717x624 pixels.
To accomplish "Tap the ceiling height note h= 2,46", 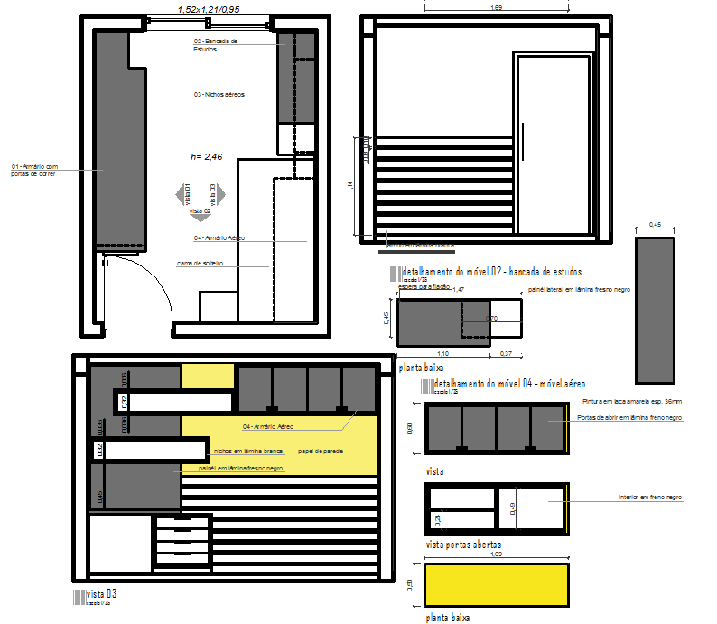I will click(x=206, y=156).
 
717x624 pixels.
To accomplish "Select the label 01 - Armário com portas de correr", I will click(x=34, y=170).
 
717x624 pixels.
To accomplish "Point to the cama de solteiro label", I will click(x=200, y=264).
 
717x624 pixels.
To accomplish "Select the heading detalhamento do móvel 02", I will click(x=492, y=271).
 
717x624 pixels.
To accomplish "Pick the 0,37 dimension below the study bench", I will click(x=506, y=353).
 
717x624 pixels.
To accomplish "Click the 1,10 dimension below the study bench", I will click(x=442, y=353).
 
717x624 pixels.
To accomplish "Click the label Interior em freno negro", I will click(x=650, y=498).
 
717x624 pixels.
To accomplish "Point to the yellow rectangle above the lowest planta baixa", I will click(x=497, y=584).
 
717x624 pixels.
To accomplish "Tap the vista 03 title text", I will click(x=101, y=593).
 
